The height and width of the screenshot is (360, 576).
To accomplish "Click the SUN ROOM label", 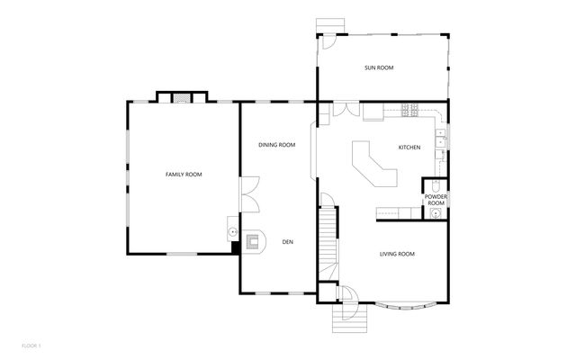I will (x=379, y=68).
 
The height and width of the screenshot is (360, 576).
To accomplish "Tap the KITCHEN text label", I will (x=409, y=148).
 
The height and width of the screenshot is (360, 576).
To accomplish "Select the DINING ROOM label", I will (x=276, y=145).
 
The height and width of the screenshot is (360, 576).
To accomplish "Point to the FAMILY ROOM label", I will (x=183, y=174).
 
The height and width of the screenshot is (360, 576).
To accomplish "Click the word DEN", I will (x=288, y=241).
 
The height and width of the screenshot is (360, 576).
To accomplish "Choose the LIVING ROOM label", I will (x=396, y=255).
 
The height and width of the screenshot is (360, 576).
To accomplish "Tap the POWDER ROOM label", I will (x=436, y=200).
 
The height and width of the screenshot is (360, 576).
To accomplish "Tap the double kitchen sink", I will (x=441, y=139).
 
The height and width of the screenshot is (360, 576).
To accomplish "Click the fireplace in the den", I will (x=252, y=241).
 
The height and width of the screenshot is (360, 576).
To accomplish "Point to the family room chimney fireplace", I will (x=182, y=96).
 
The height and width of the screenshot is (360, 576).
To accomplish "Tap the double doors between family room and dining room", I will (x=249, y=193).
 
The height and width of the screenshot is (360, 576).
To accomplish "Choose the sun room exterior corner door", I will (x=329, y=40).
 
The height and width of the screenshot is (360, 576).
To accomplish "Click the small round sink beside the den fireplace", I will (x=234, y=231).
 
